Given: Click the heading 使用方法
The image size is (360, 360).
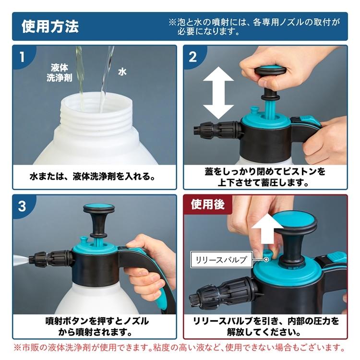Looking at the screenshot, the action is (x=50, y=26).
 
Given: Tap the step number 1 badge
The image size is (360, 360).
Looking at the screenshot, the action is (x=22, y=57).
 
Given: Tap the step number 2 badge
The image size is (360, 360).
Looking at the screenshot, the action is (x=193, y=57).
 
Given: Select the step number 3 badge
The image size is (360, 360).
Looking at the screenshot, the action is (x=22, y=206).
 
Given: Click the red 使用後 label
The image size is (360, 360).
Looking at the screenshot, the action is (x=208, y=204).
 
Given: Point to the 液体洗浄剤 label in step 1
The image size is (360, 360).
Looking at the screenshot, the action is (x=60, y=73).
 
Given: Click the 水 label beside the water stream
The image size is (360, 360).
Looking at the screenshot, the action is (x=122, y=72).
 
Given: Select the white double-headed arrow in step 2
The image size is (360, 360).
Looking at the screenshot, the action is (x=218, y=93).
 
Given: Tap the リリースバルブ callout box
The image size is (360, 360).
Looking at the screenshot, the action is (x=221, y=259).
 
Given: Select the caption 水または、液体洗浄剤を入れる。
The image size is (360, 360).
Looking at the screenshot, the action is (x=93, y=176).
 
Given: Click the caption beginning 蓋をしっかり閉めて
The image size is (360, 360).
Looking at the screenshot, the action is (x=265, y=177).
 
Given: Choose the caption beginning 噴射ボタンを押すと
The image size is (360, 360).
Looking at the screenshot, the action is (x=96, y=326).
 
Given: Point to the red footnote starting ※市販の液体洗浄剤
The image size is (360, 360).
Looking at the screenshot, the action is (x=180, y=348).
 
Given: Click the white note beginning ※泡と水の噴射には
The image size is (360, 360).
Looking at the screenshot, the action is (x=254, y=26).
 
